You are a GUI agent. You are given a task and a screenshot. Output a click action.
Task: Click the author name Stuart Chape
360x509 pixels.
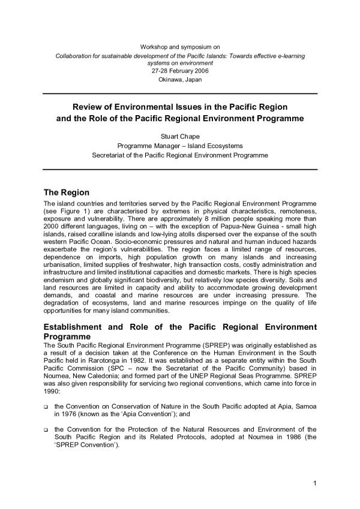pos(180,136)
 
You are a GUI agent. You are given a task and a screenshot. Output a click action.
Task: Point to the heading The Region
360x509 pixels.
pos(67,193)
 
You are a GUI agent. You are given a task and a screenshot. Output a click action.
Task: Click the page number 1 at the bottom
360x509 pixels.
pos(314,483)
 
